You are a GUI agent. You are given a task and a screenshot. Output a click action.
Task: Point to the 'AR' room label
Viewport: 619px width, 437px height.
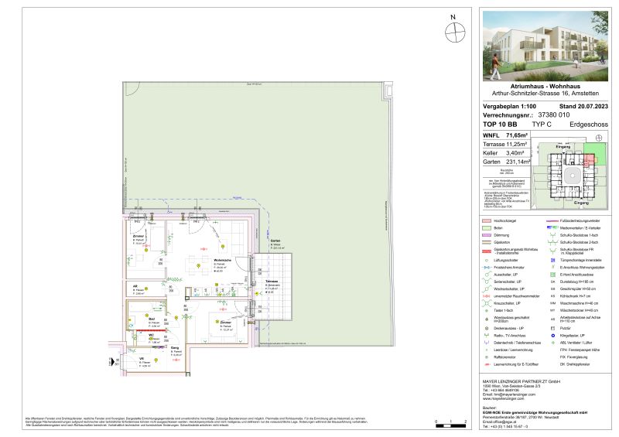tap(135, 285)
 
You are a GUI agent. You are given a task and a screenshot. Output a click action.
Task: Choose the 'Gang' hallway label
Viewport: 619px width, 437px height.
tap(175, 348)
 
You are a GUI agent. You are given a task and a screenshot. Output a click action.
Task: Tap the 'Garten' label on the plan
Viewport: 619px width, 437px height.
tap(275, 242)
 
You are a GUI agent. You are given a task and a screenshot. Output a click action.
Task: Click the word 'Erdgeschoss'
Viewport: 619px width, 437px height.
tap(586, 124)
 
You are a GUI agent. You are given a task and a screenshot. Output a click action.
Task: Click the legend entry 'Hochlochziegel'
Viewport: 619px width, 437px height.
tap(508, 222)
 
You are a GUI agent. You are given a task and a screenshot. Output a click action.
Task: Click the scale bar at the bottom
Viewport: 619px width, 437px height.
tap(450, 420)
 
